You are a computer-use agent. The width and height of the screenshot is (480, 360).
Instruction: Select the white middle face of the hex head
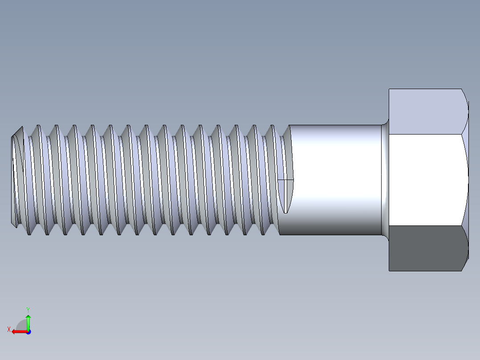pos(425,179)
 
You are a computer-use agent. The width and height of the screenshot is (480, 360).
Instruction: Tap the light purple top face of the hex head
pos(425,111)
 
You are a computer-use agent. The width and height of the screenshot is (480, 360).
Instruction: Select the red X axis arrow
pos(18,331)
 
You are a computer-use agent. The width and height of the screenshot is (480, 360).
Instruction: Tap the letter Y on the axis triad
pos(28,309)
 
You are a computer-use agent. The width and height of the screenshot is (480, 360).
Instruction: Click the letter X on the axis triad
pos(8,329)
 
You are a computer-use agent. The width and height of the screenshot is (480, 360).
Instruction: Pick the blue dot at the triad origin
pos(28,332)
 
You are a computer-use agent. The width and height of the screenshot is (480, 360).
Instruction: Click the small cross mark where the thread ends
pos(285,180)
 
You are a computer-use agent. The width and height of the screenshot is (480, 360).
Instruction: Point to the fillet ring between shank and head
pos(385,179)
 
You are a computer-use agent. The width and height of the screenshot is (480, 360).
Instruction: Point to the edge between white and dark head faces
pos(425,225)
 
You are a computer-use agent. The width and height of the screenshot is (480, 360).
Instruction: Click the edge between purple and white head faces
pos(425,134)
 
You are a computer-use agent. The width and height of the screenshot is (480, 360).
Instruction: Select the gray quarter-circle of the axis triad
pos(21,325)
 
